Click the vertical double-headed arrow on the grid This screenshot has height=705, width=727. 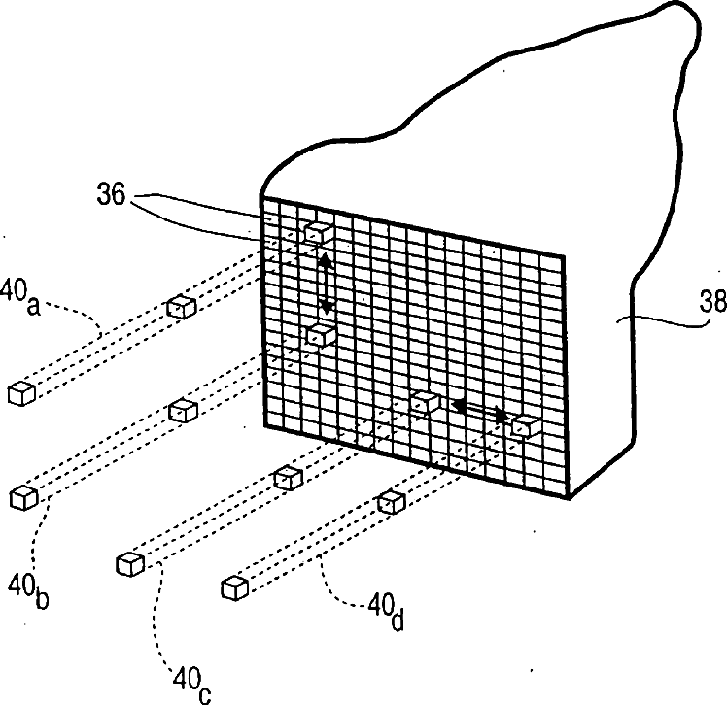(x=327, y=283)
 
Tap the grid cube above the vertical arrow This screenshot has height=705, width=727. (x=318, y=233)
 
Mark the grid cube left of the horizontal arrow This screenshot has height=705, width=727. (x=425, y=401)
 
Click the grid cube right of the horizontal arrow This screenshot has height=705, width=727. (x=526, y=425)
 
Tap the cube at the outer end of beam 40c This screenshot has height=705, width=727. (x=128, y=563)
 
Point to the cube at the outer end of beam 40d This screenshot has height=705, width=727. (x=234, y=588)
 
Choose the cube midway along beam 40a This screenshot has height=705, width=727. (x=181, y=307)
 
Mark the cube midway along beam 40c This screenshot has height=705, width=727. (x=287, y=477)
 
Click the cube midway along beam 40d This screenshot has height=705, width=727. (x=390, y=501)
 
